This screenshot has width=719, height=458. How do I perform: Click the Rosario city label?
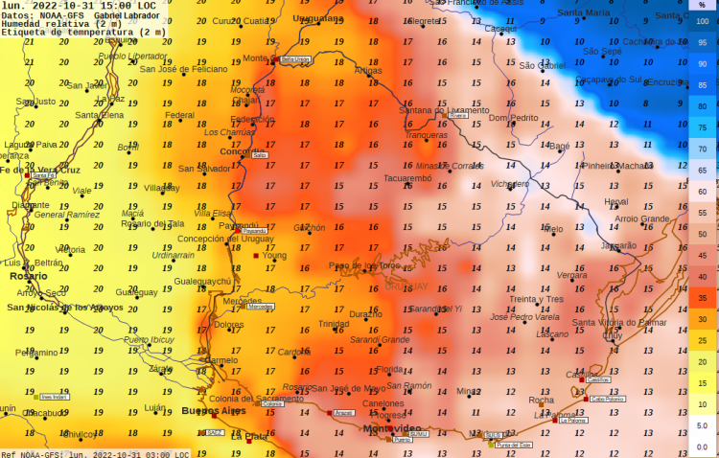(28, 275)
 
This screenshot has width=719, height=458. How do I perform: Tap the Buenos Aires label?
(214, 411)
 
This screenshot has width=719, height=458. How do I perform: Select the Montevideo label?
(392, 428)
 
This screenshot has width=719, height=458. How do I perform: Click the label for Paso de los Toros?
(364, 265)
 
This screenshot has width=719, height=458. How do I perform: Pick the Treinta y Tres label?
(536, 299)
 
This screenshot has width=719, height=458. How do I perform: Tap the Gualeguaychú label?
(202, 281)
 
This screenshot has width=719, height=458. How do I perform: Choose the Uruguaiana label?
(318, 18)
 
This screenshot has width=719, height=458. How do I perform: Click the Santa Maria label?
(583, 13)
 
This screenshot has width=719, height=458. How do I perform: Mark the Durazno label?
(365, 313)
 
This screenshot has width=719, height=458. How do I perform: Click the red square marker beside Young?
(256, 256)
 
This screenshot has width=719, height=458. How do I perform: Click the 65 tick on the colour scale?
(702, 170)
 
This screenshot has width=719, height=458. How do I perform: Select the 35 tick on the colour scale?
(702, 297)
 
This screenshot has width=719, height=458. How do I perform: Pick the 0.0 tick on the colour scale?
(702, 446)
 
